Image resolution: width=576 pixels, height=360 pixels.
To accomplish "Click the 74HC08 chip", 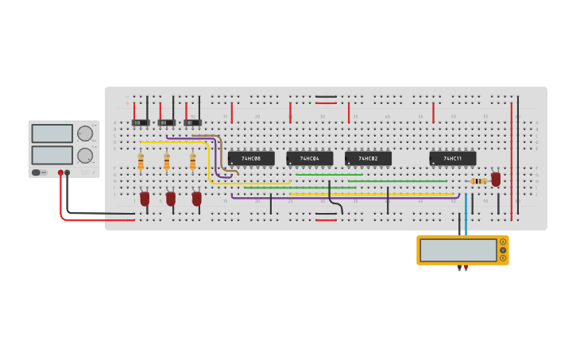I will coord(251,158).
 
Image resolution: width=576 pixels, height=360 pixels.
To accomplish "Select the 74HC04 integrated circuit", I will coord(309,158).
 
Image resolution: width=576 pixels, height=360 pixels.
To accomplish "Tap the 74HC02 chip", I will coord(368,158).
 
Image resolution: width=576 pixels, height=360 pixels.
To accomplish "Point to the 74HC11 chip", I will coord(453,158).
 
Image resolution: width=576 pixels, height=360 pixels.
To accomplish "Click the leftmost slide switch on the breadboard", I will coord(141,122).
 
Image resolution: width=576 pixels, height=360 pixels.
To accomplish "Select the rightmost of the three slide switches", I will coord(192,122).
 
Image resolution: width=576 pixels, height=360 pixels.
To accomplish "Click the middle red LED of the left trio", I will coord(171,198).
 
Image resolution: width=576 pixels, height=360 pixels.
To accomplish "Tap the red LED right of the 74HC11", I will coord(496,179).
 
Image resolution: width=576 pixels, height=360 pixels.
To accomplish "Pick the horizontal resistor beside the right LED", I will coord(478,181).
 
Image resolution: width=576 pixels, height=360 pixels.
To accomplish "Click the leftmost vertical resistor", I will coord(141,161).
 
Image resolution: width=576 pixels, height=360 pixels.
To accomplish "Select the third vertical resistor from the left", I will coord(193,161).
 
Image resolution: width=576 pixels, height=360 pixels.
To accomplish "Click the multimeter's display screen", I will coord(458,250).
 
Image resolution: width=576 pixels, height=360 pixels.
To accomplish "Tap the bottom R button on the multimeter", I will coord(503,258).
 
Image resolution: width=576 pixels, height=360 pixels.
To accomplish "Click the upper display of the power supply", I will coord(52,134).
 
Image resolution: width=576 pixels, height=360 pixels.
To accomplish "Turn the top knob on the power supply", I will coord(84,134).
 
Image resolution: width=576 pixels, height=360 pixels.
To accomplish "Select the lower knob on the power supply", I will coord(84,155).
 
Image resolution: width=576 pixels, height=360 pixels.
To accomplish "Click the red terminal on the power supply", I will coord(60,172).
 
